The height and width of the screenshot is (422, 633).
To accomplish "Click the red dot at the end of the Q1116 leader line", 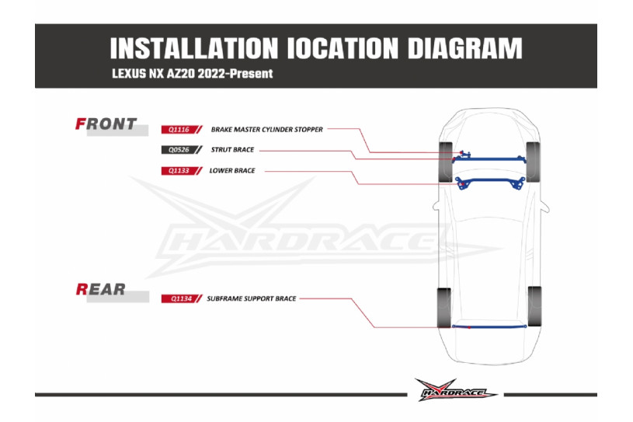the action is coord(461,152).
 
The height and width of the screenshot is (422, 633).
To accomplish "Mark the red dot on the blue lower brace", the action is coord(463,184).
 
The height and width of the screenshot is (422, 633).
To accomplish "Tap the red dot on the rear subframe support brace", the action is coord(469,327).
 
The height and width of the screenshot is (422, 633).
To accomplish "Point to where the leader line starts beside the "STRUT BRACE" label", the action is coord(259,150).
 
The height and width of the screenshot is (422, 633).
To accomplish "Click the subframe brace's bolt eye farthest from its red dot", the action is coord(525,326).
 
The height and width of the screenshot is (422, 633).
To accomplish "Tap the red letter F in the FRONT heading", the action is coord(80,124).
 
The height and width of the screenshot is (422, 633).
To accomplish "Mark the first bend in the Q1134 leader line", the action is coord(351,299).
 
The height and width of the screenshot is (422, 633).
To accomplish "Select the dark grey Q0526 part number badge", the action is coord(181,150).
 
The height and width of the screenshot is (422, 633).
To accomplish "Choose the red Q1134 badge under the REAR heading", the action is coord(181,299).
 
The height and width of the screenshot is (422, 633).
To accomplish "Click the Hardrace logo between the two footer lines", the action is coord(456,390).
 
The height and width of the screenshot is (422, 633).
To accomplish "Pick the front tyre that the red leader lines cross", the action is coord(446,162).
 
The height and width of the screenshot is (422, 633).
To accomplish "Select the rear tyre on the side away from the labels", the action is coord(534,306).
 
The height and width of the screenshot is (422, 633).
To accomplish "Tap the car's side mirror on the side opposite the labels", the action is coord(544,208).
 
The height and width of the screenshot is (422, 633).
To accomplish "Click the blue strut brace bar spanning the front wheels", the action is coord(489,159).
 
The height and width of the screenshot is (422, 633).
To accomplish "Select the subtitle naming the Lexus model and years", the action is coord(192,74).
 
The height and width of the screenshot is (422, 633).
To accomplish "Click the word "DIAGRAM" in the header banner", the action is coord(464,48).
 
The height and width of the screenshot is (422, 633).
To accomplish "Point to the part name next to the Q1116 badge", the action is coord(267,130).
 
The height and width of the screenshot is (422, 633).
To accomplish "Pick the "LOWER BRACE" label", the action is coord(232,171).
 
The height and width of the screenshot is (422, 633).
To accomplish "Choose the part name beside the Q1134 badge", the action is coord(252,299).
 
